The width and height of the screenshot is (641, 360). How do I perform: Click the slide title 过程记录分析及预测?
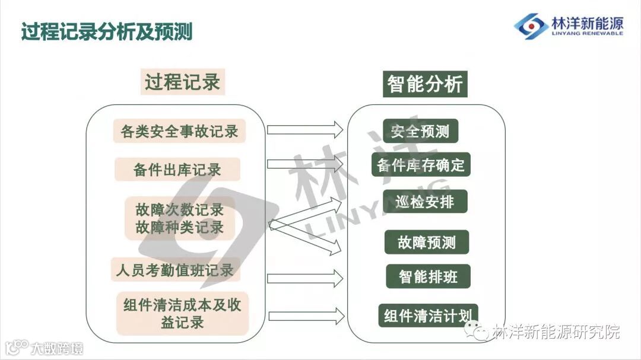click(107, 31)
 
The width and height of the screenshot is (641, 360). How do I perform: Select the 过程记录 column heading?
click(183, 82)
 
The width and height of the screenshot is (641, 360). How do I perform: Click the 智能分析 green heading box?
click(425, 84)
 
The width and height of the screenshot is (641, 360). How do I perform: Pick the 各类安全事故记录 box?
click(179, 131)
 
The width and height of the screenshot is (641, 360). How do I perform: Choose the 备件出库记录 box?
click(177, 170)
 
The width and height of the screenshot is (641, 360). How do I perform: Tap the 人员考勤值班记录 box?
click(175, 270)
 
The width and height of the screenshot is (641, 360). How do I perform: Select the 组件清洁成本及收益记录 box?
click(182, 313)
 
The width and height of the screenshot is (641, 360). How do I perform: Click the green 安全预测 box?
click(420, 131)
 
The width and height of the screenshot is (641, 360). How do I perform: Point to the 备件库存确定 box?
click(421, 165)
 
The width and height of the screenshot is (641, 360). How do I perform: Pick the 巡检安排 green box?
click(425, 202)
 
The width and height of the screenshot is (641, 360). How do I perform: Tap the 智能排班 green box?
click(428, 276)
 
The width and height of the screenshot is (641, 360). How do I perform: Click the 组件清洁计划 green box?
click(428, 316)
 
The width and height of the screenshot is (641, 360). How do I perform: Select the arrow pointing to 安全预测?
click(305, 130)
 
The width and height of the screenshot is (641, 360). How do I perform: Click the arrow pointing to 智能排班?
click(305, 278)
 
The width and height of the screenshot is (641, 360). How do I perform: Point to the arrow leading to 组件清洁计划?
click(305, 316)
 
